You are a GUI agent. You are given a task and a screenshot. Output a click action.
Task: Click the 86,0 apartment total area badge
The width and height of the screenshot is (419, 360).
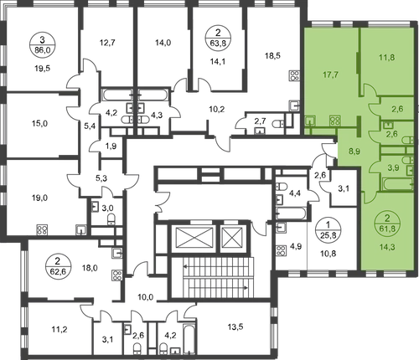point(42,45)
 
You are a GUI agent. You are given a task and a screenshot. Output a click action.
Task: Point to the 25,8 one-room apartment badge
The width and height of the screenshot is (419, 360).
point(328,230)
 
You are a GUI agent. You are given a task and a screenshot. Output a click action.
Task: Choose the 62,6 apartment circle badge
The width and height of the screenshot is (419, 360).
point(58,267)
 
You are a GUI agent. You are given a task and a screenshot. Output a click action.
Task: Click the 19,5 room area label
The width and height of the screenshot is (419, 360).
point(43,69)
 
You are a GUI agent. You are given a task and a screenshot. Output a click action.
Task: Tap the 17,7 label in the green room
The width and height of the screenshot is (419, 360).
point(331,75)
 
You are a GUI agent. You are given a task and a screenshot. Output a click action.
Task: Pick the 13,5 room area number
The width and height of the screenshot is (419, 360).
point(235,327)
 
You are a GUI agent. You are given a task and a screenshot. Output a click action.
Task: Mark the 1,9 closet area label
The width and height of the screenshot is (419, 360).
point(111,146)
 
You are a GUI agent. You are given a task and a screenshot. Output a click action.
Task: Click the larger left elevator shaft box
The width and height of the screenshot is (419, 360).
point(194,237)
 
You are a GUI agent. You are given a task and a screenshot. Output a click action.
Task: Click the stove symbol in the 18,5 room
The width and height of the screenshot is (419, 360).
point(295,75)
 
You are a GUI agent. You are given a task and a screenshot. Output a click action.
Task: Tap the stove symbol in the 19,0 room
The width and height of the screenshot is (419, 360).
point(43,229)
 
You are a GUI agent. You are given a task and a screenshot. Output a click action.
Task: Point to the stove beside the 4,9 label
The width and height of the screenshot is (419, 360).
point(282,250)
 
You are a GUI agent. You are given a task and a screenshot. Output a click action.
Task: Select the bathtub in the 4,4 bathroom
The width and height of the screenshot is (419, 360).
point(291,213)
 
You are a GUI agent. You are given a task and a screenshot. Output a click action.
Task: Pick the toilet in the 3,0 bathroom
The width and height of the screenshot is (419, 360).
point(111,219)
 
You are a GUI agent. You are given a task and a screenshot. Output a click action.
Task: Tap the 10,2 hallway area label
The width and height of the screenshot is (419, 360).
point(217,109)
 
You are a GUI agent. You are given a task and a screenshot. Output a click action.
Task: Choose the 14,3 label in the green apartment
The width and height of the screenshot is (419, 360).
point(386,247)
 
